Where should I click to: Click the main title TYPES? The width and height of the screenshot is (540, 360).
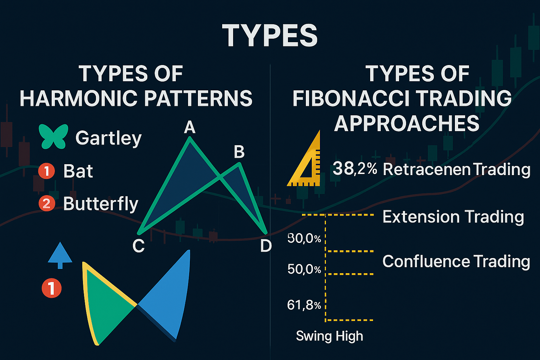[x=270, y=36]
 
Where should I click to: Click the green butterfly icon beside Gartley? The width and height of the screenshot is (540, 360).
[x=53, y=136]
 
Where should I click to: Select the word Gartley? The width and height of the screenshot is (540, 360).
[x=108, y=138]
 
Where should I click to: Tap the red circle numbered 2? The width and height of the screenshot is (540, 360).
[x=46, y=204]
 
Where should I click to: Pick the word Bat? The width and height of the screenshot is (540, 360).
[x=78, y=171]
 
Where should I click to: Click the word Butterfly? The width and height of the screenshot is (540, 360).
[x=101, y=204]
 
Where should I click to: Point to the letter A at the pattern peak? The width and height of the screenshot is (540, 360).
[x=189, y=127]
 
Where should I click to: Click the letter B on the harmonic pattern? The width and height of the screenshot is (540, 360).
[x=239, y=152]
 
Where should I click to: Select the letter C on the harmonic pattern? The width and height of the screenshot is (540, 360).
[x=139, y=246]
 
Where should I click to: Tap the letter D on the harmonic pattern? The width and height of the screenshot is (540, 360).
[x=266, y=246]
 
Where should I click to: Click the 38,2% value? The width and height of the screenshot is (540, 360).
[x=355, y=169]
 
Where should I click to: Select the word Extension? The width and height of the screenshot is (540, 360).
[x=420, y=217]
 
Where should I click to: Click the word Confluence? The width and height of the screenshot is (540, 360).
[x=425, y=261]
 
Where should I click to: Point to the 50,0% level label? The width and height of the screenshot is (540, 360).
[x=304, y=269]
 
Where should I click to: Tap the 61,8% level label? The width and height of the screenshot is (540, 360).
[x=304, y=305]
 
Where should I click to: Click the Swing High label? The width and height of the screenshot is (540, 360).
[x=329, y=336]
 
